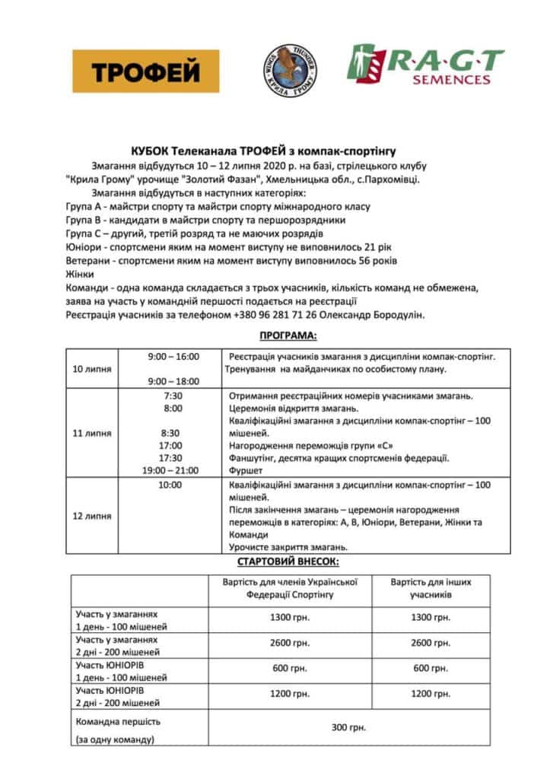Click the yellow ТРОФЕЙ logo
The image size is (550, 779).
pyautogui.click(x=145, y=72)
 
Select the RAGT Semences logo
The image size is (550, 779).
pyautogui.click(x=425, y=65)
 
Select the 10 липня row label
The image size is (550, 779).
pyautogui.click(x=93, y=369)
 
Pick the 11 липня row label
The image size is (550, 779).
pyautogui.click(x=93, y=433)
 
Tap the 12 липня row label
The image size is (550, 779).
pyautogui.click(x=93, y=516)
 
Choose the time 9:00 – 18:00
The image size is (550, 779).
pyautogui.click(x=173, y=380)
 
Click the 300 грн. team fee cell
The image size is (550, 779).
pyautogui.click(x=348, y=727)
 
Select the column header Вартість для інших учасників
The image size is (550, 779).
pyautogui.click(x=431, y=588)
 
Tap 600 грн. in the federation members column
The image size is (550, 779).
pyautogui.click(x=290, y=668)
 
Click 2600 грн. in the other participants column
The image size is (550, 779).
pyautogui.click(x=431, y=643)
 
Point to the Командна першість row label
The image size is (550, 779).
pyautogui.click(x=118, y=720)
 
